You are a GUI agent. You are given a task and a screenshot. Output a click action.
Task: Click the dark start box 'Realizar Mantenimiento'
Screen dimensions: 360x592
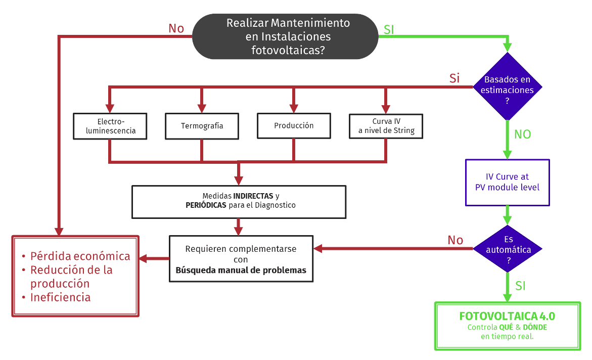pyautogui.click(x=285, y=36)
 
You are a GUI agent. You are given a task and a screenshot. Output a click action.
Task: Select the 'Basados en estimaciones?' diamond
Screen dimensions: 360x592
pyautogui.click(x=507, y=86)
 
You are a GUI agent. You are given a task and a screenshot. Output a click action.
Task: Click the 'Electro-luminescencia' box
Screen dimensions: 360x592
pyautogui.click(x=110, y=126)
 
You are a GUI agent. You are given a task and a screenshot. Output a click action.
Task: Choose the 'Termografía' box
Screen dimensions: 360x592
pyautogui.click(x=202, y=126)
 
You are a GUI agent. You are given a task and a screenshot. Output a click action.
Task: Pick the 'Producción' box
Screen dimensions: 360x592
pyautogui.click(x=294, y=125)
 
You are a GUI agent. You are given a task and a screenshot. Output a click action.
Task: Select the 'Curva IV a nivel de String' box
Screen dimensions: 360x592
pyautogui.click(x=386, y=126)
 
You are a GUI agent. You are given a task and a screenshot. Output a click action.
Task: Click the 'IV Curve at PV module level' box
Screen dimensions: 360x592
pyautogui.click(x=507, y=183)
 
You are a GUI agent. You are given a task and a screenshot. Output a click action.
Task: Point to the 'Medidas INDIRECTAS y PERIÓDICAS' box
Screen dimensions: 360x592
pyautogui.click(x=239, y=202)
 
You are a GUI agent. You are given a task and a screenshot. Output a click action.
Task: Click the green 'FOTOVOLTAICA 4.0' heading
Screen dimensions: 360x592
pyautogui.click(x=507, y=317)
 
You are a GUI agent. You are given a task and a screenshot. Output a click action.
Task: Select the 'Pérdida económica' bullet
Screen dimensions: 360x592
pyautogui.click(x=80, y=256)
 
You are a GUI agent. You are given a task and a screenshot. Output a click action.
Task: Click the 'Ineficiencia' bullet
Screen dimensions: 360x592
pyautogui.click(x=60, y=297)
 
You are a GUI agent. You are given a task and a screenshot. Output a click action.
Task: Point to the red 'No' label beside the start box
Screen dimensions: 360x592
pyautogui.click(x=176, y=28)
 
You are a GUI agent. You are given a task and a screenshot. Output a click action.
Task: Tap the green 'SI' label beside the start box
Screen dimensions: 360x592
pyautogui.click(x=389, y=29)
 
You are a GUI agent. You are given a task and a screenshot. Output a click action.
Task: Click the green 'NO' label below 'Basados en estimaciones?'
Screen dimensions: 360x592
pyautogui.click(x=523, y=134)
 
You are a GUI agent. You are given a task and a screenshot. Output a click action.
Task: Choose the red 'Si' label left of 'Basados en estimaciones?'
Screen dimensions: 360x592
pyautogui.click(x=454, y=78)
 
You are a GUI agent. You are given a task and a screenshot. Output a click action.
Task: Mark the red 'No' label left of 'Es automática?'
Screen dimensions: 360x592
pyautogui.click(x=455, y=240)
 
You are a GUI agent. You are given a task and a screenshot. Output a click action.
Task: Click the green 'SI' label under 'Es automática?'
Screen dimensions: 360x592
pyautogui.click(x=521, y=286)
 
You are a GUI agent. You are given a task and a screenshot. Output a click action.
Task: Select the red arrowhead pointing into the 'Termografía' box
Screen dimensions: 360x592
pyautogui.click(x=202, y=108)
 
